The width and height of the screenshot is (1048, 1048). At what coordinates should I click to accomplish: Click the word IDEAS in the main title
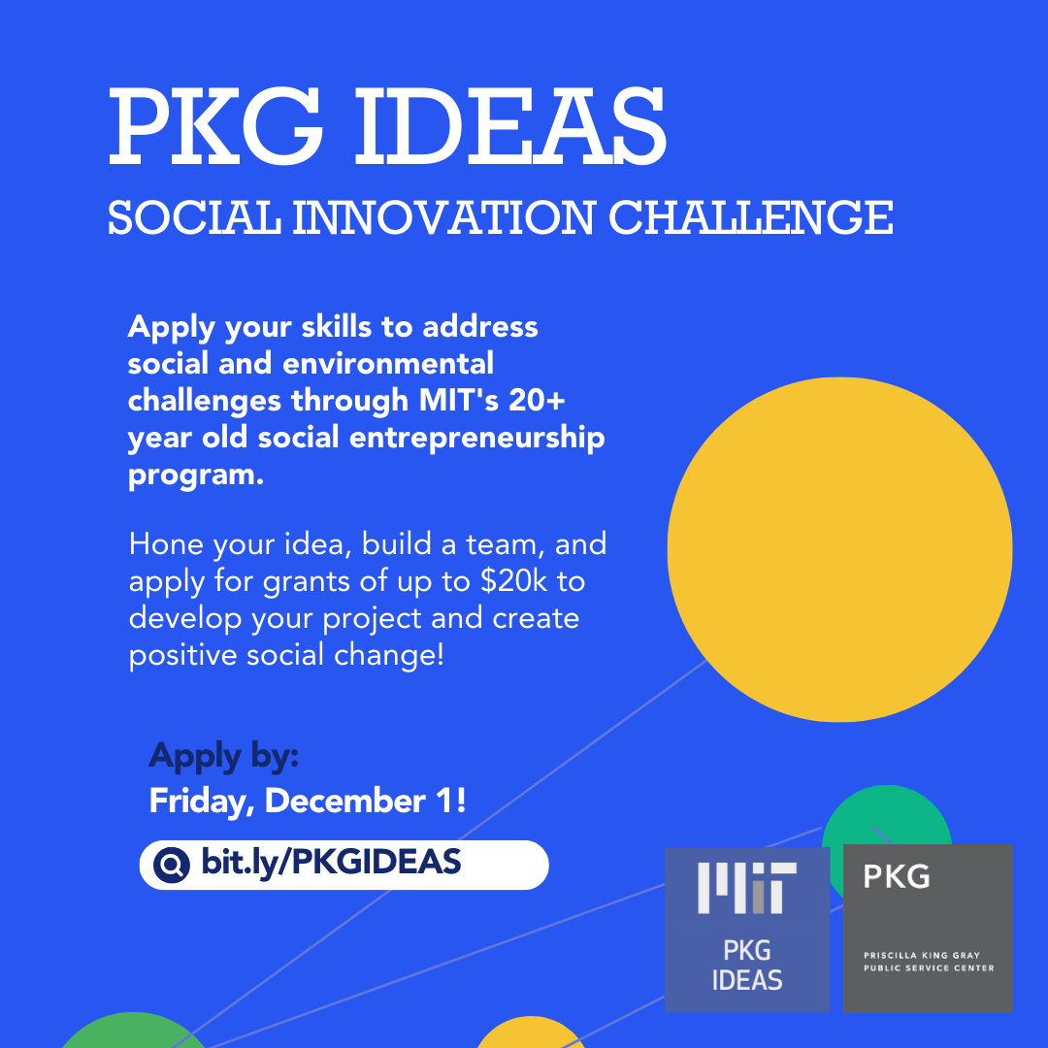click(x=510, y=126)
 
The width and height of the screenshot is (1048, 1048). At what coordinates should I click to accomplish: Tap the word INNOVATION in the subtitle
click(x=443, y=218)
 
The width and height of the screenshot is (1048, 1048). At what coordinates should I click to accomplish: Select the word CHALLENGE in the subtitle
click(x=750, y=218)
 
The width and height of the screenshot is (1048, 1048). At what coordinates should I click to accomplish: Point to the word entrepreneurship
click(x=477, y=439)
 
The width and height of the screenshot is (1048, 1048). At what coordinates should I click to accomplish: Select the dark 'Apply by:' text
click(x=224, y=757)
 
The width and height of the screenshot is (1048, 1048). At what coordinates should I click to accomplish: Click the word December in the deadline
click(x=344, y=801)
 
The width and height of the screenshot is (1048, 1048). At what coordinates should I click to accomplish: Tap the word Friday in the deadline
click(x=202, y=802)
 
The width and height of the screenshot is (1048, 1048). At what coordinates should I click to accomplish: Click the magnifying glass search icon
click(x=172, y=865)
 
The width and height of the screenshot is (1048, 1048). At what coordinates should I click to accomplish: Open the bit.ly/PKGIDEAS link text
click(x=331, y=863)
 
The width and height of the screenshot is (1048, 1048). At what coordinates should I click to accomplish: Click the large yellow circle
click(x=839, y=549)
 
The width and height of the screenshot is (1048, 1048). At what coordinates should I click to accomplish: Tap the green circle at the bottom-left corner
click(x=134, y=1032)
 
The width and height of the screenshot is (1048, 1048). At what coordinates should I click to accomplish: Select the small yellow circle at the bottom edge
click(x=530, y=1033)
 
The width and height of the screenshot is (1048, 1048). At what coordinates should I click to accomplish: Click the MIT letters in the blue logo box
click(x=747, y=888)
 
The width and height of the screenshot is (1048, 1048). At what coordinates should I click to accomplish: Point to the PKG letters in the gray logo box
click(x=897, y=876)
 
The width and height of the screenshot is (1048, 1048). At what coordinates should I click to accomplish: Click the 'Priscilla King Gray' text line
click(x=922, y=955)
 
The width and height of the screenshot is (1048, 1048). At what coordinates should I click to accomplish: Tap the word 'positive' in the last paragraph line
click(x=183, y=655)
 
